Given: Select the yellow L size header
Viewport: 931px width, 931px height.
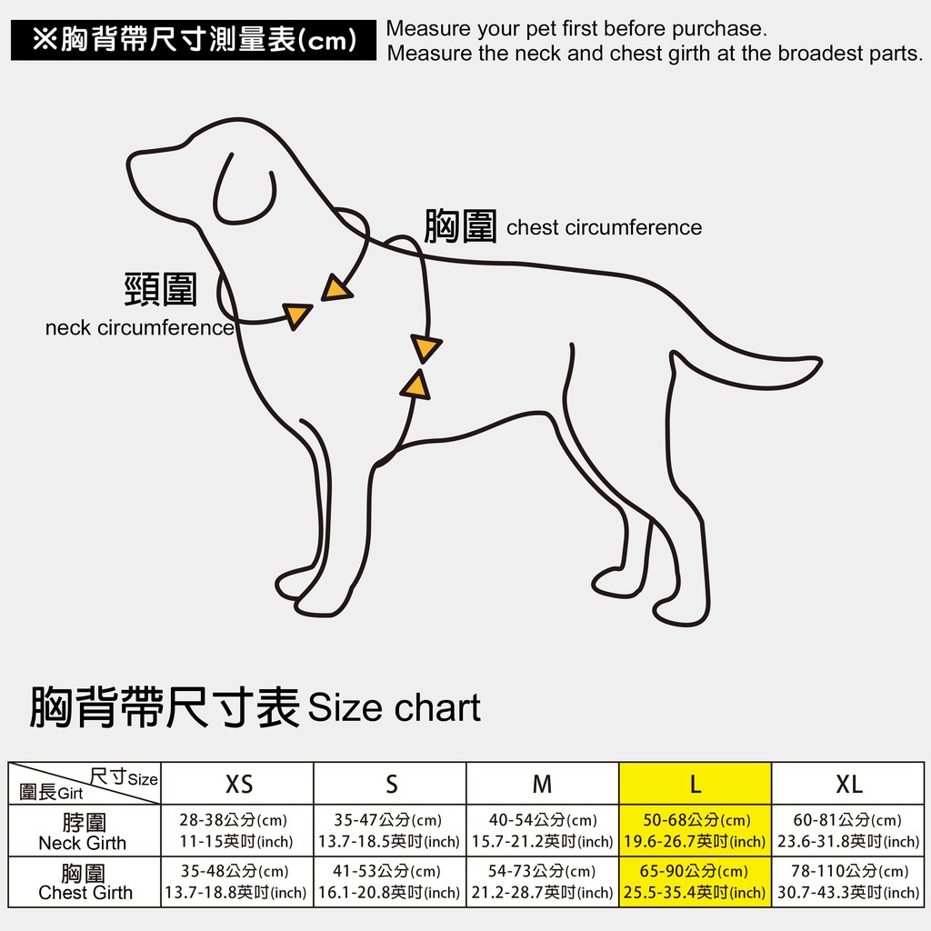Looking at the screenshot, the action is tap(696, 783).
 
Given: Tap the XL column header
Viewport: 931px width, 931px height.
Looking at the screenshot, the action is tap(848, 783).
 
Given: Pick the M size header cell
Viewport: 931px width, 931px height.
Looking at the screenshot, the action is tap(543, 783).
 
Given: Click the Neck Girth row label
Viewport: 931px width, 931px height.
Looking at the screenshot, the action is tap(84, 831).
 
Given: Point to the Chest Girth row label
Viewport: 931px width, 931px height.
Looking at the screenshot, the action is tap(84, 882).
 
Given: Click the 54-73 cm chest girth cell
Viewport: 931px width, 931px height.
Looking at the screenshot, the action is tap(543, 882).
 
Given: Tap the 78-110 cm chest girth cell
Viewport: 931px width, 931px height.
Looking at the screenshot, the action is tap(848, 882).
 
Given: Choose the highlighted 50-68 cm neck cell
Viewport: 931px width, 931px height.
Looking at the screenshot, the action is tap(696, 831).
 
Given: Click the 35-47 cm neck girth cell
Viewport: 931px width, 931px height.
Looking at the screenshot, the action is tap(390, 831).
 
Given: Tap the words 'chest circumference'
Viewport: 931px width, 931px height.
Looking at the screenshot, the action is tap(604, 227).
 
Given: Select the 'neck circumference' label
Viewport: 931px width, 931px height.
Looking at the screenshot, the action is tap(139, 327).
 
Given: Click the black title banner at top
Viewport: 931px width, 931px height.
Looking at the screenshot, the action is tap(194, 40).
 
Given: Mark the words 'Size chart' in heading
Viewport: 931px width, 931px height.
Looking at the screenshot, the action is tap(395, 707).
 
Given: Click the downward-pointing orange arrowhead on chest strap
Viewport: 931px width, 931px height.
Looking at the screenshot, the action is tap(425, 348).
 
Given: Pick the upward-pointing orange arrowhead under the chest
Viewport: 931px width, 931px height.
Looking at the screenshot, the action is tap(416, 385).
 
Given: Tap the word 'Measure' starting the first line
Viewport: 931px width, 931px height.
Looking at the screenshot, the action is tap(428, 28).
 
